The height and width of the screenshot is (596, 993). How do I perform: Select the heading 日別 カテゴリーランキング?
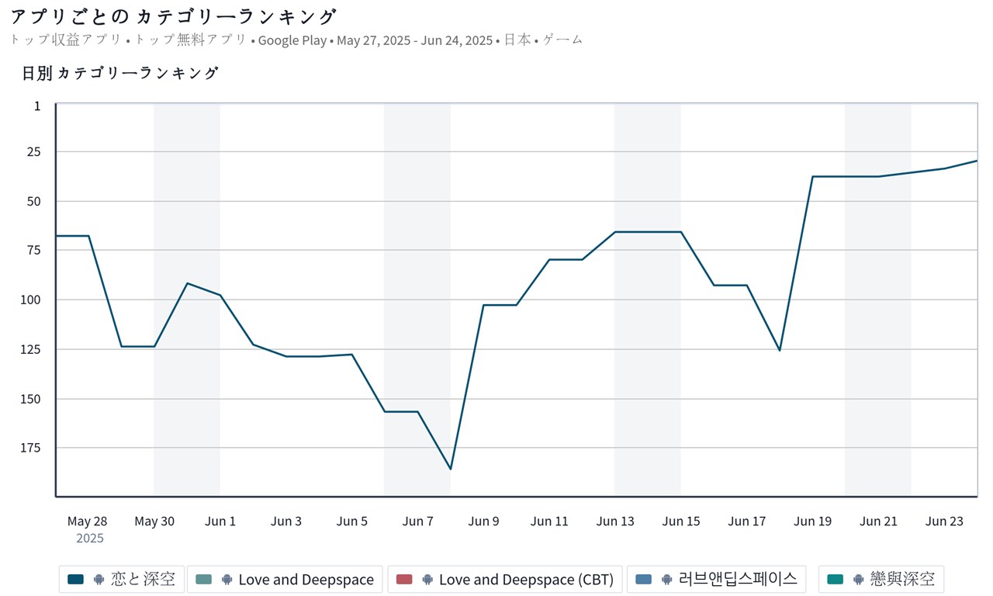tap(120, 74)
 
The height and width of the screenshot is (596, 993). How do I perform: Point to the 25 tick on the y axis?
tap(34, 152)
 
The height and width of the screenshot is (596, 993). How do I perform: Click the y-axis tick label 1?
tap(37, 106)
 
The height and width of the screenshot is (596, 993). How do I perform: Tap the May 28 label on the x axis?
tap(88, 521)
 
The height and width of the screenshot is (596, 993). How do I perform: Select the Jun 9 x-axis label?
tap(483, 521)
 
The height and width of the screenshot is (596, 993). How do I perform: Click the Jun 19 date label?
tap(812, 521)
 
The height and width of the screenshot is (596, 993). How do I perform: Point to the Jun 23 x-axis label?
tap(944, 521)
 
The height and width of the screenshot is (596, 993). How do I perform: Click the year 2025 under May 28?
tap(90, 538)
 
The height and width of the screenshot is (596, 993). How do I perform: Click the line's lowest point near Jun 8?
tap(451, 469)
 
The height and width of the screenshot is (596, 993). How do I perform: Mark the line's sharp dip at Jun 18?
tap(780, 350)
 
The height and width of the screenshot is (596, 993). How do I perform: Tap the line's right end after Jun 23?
tap(976, 161)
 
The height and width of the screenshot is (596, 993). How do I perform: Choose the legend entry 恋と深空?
tap(122, 579)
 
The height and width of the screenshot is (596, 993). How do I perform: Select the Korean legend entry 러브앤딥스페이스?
tap(716, 579)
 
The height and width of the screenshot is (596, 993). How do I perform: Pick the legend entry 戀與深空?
tap(881, 579)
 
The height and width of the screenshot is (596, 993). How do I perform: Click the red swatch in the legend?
tap(404, 579)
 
